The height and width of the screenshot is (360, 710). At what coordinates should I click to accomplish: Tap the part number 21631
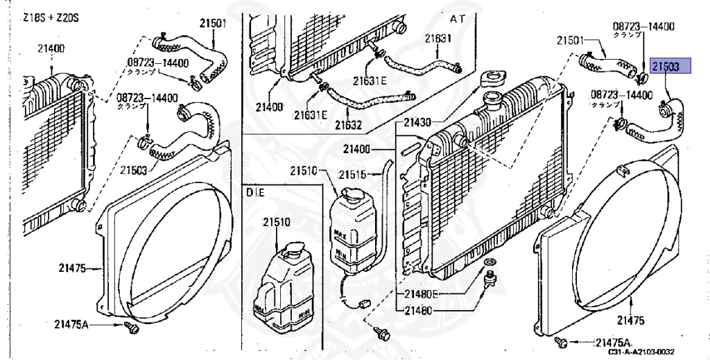[x=438, y=38]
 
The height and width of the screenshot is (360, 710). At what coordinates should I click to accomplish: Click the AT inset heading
[x=458, y=17]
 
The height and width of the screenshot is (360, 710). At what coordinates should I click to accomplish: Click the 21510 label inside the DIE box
[x=276, y=223]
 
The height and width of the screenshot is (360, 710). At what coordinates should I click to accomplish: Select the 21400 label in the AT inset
[x=269, y=108]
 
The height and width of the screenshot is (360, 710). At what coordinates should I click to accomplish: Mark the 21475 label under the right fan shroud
[x=629, y=320]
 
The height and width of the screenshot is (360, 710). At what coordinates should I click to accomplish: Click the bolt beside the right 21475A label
[x=563, y=342]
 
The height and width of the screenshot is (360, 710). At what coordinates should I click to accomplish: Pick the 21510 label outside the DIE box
[x=303, y=170]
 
